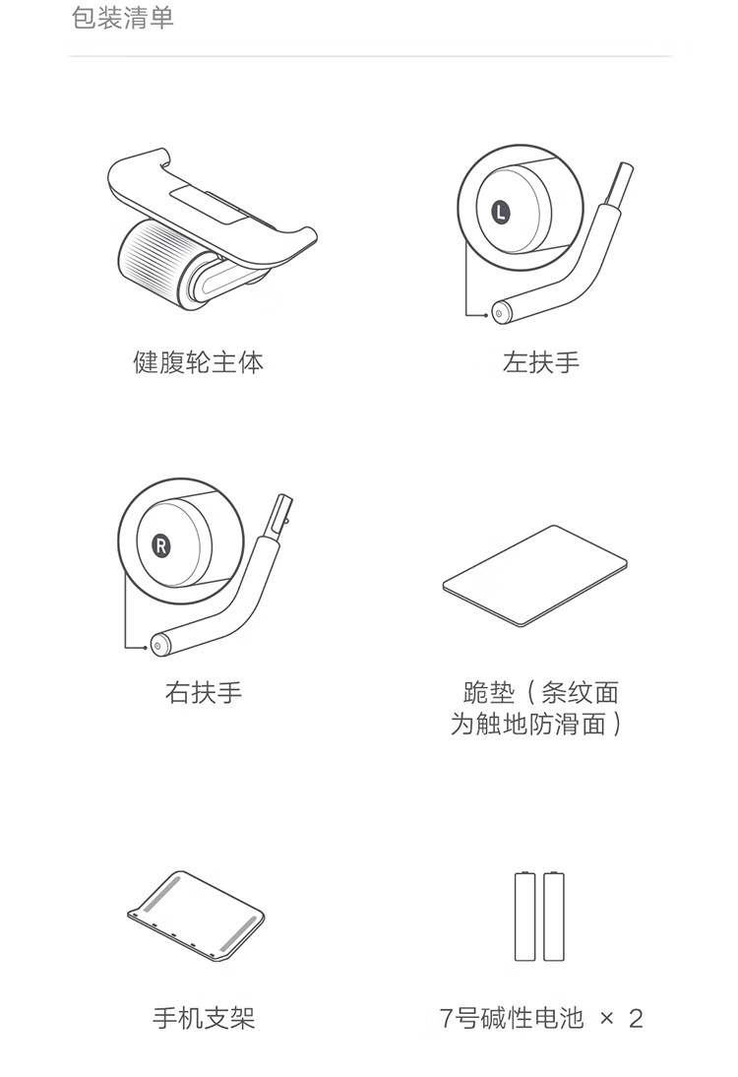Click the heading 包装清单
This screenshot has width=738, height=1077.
[123, 19]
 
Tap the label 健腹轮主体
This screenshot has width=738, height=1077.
[198, 362]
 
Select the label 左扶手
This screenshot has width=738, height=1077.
[541, 362]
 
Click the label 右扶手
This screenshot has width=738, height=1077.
[203, 693]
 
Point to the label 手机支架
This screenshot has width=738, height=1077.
[204, 1018]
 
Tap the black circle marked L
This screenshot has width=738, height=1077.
[501, 211]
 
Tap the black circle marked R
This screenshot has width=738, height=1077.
[162, 544]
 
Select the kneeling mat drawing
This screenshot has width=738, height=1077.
[535, 575]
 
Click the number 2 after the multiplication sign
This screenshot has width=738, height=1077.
[635, 1018]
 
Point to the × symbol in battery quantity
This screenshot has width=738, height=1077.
[606, 1018]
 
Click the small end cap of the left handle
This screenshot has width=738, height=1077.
[499, 313]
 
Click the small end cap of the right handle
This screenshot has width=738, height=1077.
[157, 646]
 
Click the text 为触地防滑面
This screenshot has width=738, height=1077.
[528, 726]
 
